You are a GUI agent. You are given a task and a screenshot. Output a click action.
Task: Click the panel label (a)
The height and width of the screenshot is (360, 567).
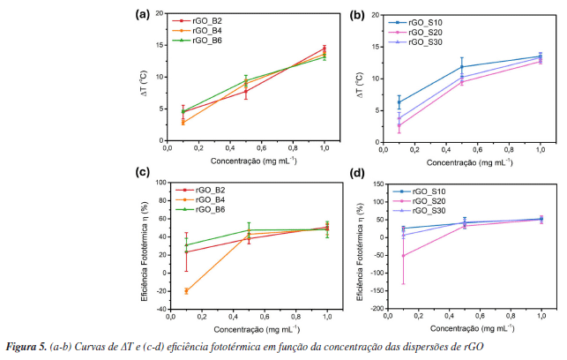[141, 14]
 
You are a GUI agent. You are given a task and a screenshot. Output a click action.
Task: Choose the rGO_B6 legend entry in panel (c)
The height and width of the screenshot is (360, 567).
[209, 209]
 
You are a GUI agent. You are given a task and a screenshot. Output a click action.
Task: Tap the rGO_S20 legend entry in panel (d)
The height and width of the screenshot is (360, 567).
[422, 200]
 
